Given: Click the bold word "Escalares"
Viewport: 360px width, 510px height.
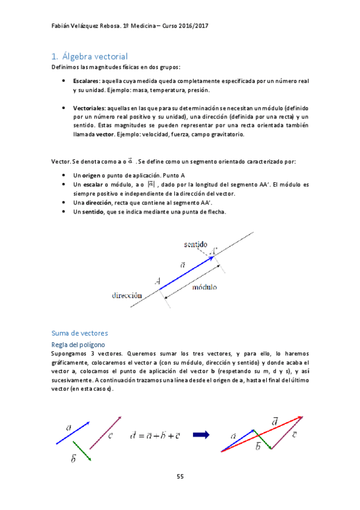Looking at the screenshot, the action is (x=87, y=80).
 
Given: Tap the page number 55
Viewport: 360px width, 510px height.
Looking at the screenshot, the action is (x=180, y=476).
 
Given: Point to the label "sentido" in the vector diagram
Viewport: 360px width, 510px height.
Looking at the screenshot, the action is (x=196, y=245).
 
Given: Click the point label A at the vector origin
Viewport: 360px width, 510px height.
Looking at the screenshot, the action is (x=157, y=280).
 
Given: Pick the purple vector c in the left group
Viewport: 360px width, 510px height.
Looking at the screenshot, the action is (x=105, y=432).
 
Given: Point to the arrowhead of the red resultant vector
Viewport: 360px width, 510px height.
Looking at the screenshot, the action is (x=300, y=417).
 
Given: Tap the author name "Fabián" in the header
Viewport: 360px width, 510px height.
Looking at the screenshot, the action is (x=61, y=26).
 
